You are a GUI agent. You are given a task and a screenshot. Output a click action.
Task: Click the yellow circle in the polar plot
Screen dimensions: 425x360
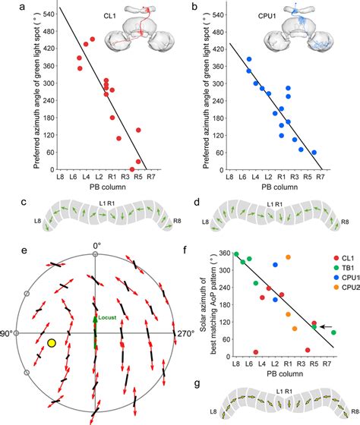51,344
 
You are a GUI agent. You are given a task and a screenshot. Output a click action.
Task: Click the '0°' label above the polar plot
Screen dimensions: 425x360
96,245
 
